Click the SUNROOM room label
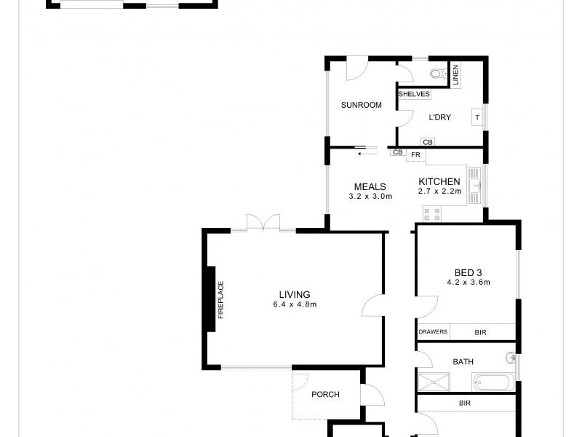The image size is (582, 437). click(x=362, y=105)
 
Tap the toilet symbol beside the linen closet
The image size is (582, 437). click(x=437, y=73)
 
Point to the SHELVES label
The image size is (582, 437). click(x=414, y=94)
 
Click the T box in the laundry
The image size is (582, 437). click(x=477, y=117)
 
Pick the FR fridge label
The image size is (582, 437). click(x=416, y=155)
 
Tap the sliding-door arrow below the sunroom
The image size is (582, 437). click(x=366, y=153)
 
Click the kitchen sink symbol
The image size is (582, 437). click(x=474, y=186)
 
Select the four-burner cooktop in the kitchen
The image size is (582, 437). click(x=431, y=213)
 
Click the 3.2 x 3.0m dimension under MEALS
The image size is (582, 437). click(x=370, y=197)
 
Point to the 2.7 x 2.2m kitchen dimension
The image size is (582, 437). click(x=439, y=192)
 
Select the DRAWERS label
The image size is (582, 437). click(x=433, y=332)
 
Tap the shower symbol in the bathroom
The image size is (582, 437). click(x=434, y=382)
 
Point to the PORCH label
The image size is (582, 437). click(x=325, y=395)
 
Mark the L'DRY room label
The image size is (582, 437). click(x=439, y=117)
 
